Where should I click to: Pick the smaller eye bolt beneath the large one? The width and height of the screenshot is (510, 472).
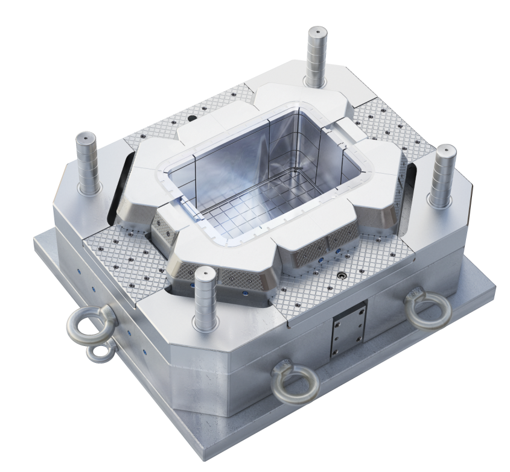coord(100,353)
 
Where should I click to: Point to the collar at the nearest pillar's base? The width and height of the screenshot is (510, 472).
coord(206,326)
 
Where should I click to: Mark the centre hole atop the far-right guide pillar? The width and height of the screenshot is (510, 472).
coord(444,148)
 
